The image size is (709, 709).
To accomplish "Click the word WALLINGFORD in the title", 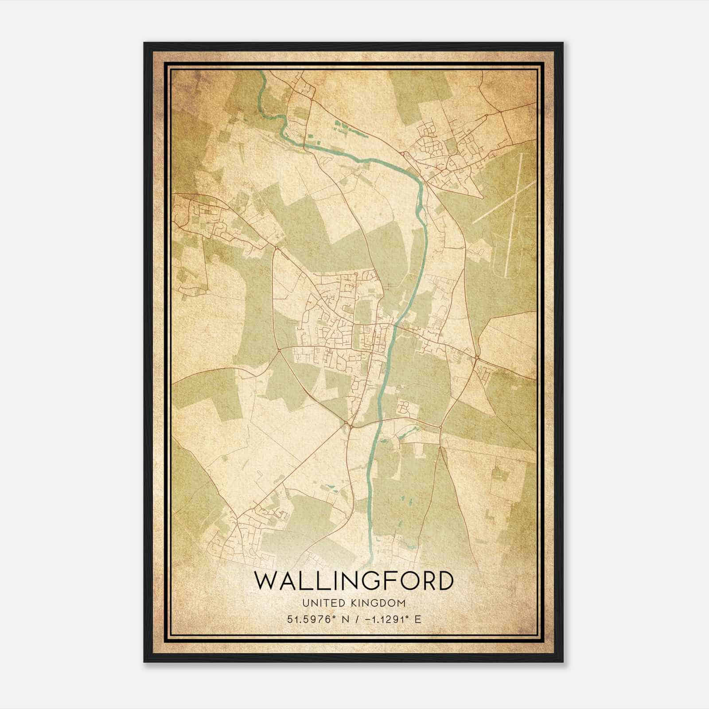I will pyautogui.click(x=354, y=581).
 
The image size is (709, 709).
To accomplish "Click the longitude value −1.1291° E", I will pyautogui.click(x=388, y=619).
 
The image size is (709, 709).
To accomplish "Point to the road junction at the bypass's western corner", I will pyautogui.click(x=279, y=350).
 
